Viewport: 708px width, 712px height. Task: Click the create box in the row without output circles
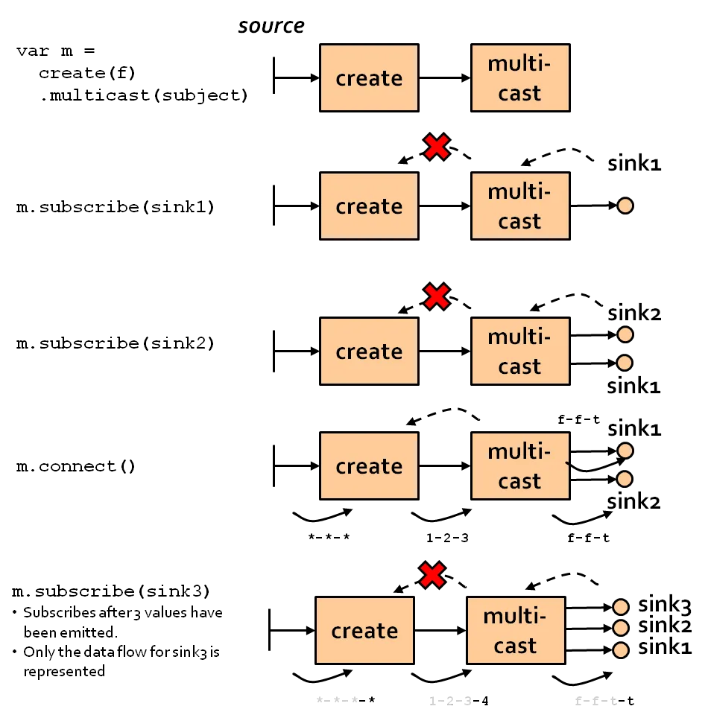pos(369,78)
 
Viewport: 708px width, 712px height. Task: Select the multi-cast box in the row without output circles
pos(519,78)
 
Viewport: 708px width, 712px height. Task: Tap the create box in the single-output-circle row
pos(369,206)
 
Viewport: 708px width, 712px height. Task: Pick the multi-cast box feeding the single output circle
pos(519,206)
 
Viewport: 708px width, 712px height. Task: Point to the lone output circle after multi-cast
pos(625,206)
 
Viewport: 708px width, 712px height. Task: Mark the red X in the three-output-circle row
pos(432,575)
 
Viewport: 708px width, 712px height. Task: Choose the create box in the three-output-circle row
pos(364,631)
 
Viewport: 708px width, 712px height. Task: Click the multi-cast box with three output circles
pos(515,631)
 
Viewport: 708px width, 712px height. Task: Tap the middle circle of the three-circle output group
pos(620,629)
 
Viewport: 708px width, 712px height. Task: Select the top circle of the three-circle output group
pos(620,606)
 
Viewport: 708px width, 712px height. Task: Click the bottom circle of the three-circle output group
pos(620,651)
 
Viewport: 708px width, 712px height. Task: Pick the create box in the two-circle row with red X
pos(369,351)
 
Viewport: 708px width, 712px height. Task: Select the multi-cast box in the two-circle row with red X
pos(519,351)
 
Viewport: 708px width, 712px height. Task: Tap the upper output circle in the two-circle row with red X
pos(625,335)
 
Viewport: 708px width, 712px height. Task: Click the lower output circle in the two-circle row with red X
pos(625,363)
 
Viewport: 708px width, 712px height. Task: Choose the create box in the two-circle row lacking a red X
pos(369,466)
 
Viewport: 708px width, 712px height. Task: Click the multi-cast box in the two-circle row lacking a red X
pos(519,466)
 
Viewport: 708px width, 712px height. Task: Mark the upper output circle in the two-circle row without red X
pos(625,451)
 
